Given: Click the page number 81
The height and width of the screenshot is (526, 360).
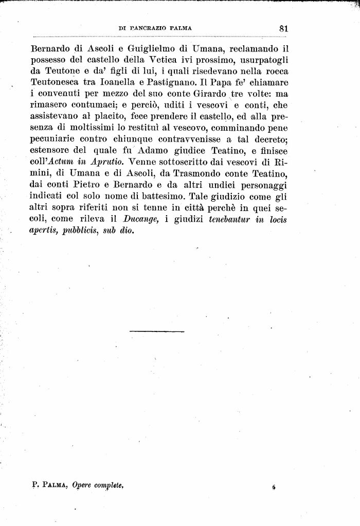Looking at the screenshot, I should (x=283, y=29).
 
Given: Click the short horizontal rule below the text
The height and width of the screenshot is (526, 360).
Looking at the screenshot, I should (x=157, y=331).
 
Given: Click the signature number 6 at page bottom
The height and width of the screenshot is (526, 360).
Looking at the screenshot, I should (x=274, y=486).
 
